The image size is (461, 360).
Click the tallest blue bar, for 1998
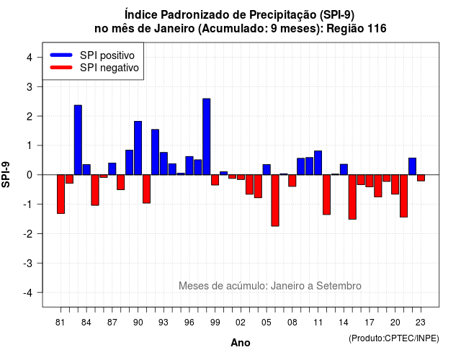(x=207, y=137)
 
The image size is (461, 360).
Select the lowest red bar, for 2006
(x=275, y=200)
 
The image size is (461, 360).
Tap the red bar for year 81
(x=61, y=194)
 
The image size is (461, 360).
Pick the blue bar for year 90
(x=138, y=148)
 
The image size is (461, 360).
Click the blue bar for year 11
(x=318, y=163)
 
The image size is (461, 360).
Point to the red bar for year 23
(x=421, y=178)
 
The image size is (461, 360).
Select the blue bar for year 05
(x=267, y=170)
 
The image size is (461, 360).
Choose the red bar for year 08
(x=292, y=181)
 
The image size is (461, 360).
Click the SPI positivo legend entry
(x=92, y=55)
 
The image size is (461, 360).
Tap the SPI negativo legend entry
(x=94, y=68)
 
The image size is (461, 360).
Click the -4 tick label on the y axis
(x=29, y=293)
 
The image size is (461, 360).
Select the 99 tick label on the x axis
(x=215, y=323)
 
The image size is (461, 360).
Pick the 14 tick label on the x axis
(x=343, y=323)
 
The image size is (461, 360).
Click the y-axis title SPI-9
(x=6, y=174)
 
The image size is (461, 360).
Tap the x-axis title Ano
(x=241, y=343)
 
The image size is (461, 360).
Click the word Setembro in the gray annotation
(x=339, y=286)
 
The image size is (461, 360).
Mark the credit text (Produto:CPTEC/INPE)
(x=394, y=338)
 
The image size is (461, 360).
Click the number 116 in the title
(x=377, y=29)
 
